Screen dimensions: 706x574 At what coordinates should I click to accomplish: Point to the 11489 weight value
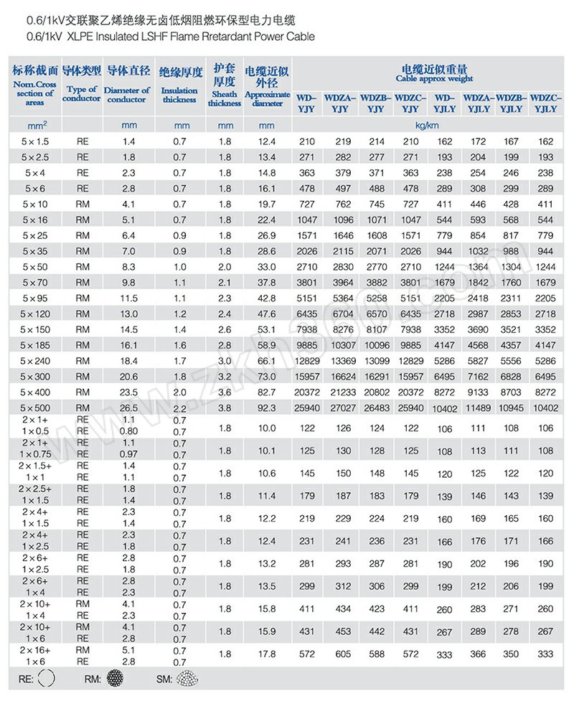click(478, 408)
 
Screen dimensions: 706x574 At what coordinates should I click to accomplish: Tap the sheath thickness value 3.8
click(224, 408)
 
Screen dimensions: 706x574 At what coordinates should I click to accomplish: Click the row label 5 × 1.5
click(35, 141)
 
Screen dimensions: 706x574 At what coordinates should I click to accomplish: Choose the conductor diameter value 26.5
click(129, 408)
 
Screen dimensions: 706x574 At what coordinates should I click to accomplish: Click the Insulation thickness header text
click(179, 95)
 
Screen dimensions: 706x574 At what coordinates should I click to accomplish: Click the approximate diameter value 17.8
click(267, 654)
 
